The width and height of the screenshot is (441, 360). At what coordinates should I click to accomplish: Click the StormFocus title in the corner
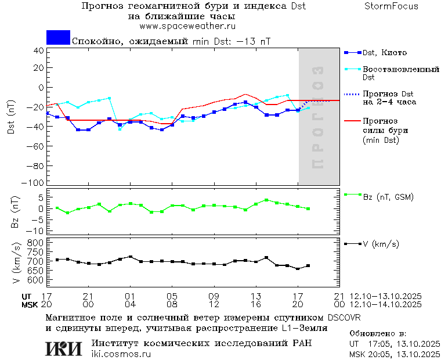pos(391,6)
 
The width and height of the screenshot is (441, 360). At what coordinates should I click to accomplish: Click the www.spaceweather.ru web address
pos(187,26)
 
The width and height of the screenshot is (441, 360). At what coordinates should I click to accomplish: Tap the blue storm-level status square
pos(58,37)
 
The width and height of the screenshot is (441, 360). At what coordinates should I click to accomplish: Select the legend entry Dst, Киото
pos(385,53)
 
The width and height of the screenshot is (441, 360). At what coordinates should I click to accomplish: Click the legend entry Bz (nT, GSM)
pos(388,197)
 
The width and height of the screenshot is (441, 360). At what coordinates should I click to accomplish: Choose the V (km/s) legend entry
pos(381,244)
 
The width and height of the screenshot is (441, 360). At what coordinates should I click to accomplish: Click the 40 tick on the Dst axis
pos(39,50)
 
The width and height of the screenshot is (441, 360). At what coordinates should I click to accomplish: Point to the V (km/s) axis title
pos(16,264)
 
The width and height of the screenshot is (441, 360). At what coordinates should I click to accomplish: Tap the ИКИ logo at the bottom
pos(64,348)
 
